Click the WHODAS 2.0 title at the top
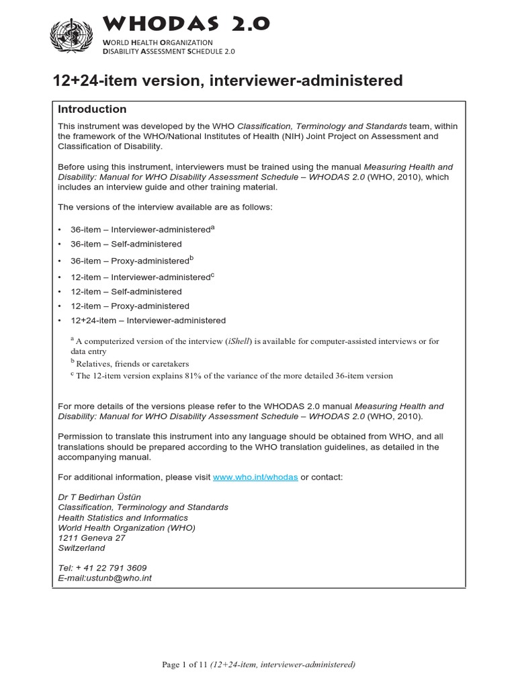point(186,24)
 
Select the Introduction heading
point(92,109)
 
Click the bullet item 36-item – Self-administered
point(126,244)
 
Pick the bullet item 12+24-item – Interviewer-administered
point(148,320)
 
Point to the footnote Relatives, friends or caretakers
point(132,363)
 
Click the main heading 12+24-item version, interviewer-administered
point(228,81)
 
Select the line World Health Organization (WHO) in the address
point(126,527)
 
